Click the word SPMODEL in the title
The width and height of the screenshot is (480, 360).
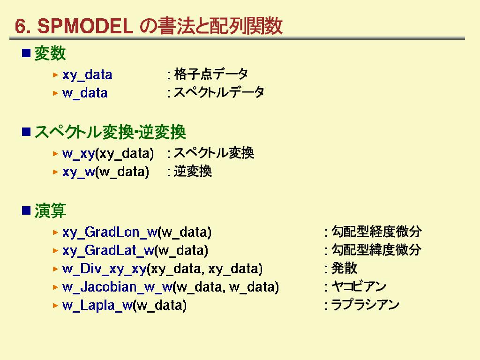click(x=85, y=26)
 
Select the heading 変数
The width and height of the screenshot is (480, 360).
click(x=50, y=53)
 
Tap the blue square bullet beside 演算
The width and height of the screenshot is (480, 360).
click(x=26, y=210)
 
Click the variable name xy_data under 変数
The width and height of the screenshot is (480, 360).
click(x=87, y=75)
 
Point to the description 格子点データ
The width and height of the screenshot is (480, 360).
click(x=211, y=74)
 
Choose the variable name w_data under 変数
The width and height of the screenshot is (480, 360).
click(x=85, y=93)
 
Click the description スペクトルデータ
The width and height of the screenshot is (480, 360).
click(x=219, y=92)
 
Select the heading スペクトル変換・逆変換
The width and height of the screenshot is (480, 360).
click(x=110, y=132)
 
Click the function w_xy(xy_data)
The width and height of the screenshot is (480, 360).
click(x=108, y=154)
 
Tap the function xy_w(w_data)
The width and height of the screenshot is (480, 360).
click(x=105, y=172)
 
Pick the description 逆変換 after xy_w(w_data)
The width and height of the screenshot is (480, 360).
click(x=193, y=172)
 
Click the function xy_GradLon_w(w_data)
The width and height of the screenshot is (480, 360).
click(x=137, y=232)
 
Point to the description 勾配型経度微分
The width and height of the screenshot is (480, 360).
click(x=376, y=232)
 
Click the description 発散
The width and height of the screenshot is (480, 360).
click(x=344, y=268)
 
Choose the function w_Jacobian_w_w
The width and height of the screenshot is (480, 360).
click(x=117, y=287)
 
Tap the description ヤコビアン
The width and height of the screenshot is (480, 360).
click(x=359, y=286)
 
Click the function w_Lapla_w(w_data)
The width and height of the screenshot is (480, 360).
click(x=124, y=306)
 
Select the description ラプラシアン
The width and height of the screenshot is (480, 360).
click(x=365, y=305)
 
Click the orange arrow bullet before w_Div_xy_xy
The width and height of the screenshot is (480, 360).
click(x=55, y=269)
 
